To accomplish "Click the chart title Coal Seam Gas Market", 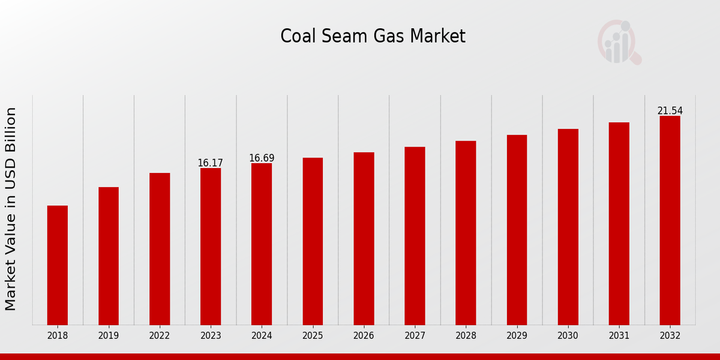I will [x=373, y=37].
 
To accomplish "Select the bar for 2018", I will [x=58, y=265].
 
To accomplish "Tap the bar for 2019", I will [x=109, y=256].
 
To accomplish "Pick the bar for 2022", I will [x=160, y=249].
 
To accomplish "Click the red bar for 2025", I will [x=313, y=241].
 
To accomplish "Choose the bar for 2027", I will [x=415, y=236].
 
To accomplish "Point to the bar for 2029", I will [x=517, y=230].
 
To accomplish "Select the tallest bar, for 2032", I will [x=670, y=220].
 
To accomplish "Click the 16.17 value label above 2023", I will [x=210, y=163].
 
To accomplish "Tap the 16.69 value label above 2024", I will [x=262, y=158].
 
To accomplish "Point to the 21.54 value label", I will [x=670, y=111].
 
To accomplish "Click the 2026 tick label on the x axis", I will [x=364, y=336].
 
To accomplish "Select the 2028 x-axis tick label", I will [x=466, y=336].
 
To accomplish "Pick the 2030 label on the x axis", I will [x=568, y=336].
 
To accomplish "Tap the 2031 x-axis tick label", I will [x=619, y=336].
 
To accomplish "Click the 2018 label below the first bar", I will [x=58, y=336].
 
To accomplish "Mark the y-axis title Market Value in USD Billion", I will [x=11, y=209].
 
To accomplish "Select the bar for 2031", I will [x=619, y=224].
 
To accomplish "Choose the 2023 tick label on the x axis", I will [x=211, y=336].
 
